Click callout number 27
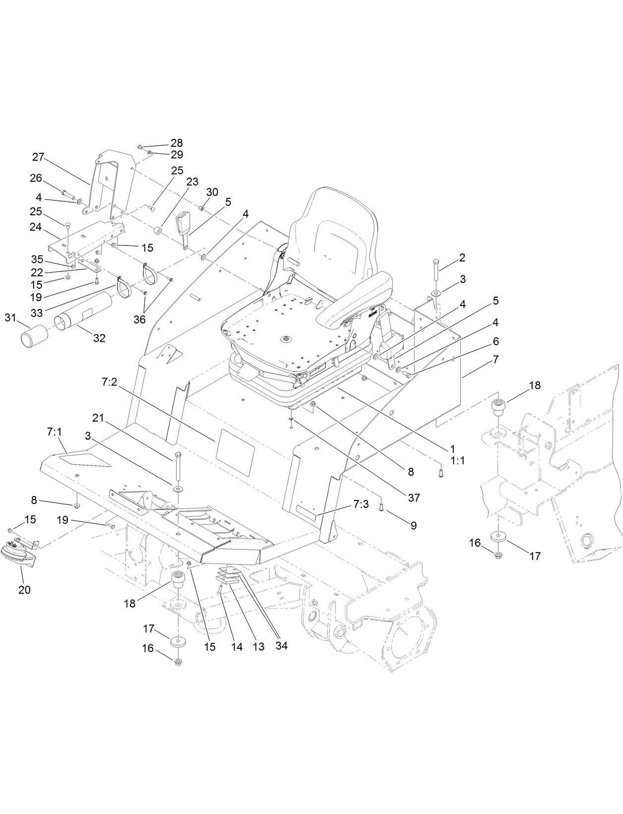tap(38, 157)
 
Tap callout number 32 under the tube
tap(99, 338)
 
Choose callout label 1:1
tap(457, 460)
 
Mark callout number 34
tap(281, 646)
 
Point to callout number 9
tap(413, 525)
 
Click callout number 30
tap(212, 192)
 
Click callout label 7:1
tap(54, 432)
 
